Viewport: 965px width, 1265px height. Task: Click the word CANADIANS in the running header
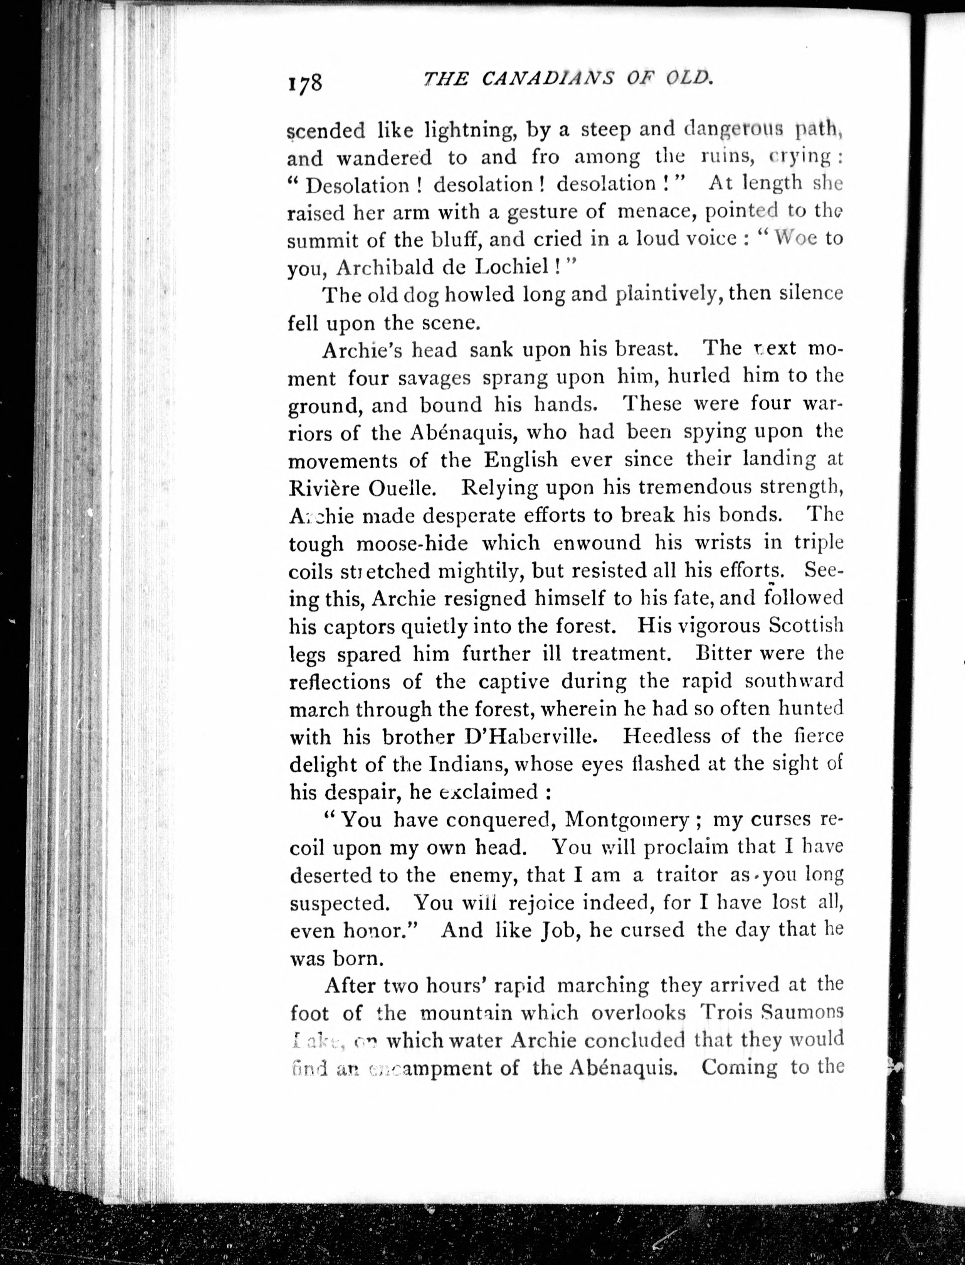538,78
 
